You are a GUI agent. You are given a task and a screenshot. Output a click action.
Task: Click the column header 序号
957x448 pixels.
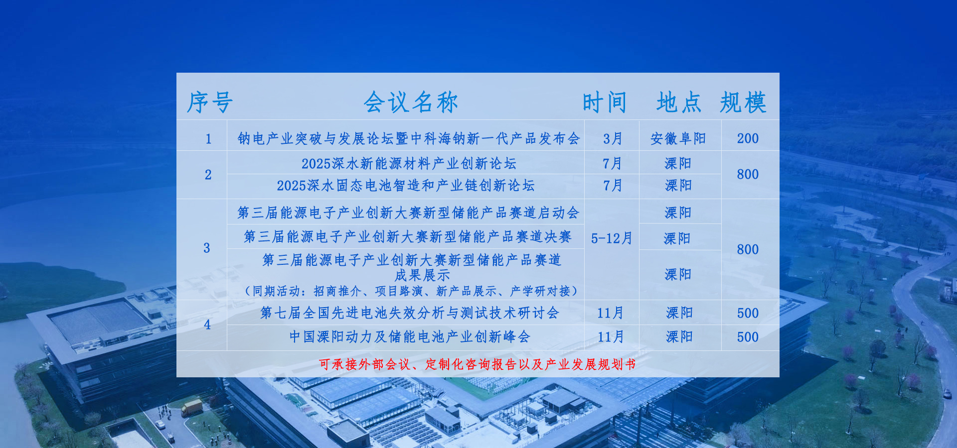[x=210, y=103]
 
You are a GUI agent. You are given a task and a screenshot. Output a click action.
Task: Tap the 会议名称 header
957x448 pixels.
[x=411, y=103]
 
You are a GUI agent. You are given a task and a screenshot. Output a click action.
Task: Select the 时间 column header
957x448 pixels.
[x=605, y=103]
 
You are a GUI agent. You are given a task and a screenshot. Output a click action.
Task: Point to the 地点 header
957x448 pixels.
[x=679, y=103]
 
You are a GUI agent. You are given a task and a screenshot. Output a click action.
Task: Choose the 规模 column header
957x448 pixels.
[x=743, y=103]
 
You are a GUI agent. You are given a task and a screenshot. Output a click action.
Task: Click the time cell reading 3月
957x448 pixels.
[x=613, y=138]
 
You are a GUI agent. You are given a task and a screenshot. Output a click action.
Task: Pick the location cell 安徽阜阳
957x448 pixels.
[x=678, y=138]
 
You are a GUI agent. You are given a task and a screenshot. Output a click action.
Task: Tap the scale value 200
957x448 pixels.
[x=748, y=138]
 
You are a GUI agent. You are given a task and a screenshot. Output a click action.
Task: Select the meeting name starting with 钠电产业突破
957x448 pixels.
[x=409, y=138]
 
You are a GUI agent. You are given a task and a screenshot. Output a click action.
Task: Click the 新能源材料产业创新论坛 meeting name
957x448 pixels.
[x=409, y=163]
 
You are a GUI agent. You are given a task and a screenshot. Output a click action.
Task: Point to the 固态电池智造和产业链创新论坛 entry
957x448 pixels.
[x=406, y=186]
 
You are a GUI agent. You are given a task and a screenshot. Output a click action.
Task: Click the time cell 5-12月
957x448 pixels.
[x=612, y=238]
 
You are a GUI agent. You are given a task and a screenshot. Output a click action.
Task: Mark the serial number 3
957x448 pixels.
[x=207, y=248]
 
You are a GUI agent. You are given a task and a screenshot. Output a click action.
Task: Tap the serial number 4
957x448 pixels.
[x=207, y=325]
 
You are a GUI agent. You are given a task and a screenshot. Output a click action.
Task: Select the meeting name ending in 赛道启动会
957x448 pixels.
[x=408, y=213]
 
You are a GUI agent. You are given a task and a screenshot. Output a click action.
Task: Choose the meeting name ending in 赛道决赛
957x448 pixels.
[x=408, y=236]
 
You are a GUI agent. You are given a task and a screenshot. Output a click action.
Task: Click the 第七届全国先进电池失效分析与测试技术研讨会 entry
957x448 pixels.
[x=410, y=313]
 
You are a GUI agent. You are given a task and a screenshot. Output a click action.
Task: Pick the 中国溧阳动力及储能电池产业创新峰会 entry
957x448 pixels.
[x=410, y=336]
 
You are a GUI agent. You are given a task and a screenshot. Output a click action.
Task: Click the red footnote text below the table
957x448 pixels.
[x=478, y=364]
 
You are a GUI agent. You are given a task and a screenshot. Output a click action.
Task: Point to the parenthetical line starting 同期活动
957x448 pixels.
[x=411, y=291]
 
